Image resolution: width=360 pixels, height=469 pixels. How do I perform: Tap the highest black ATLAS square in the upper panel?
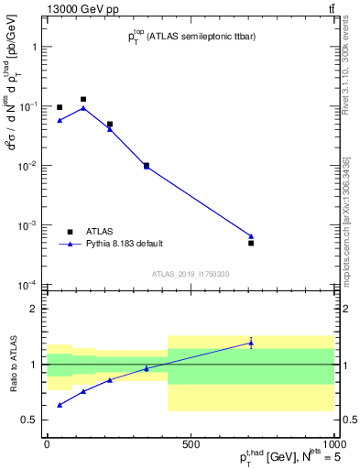click(83, 99)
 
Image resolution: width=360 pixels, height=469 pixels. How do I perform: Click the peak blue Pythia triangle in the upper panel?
click(83, 108)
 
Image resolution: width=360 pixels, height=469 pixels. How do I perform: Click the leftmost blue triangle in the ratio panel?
click(60, 404)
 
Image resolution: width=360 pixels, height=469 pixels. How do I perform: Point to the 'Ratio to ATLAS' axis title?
click(12, 365)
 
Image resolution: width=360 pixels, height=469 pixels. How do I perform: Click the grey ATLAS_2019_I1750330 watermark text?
click(190, 274)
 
